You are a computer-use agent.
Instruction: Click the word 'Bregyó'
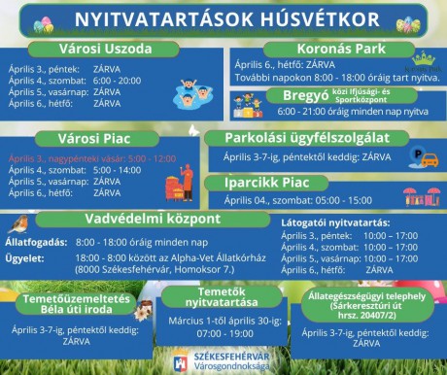coord(306,95)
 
